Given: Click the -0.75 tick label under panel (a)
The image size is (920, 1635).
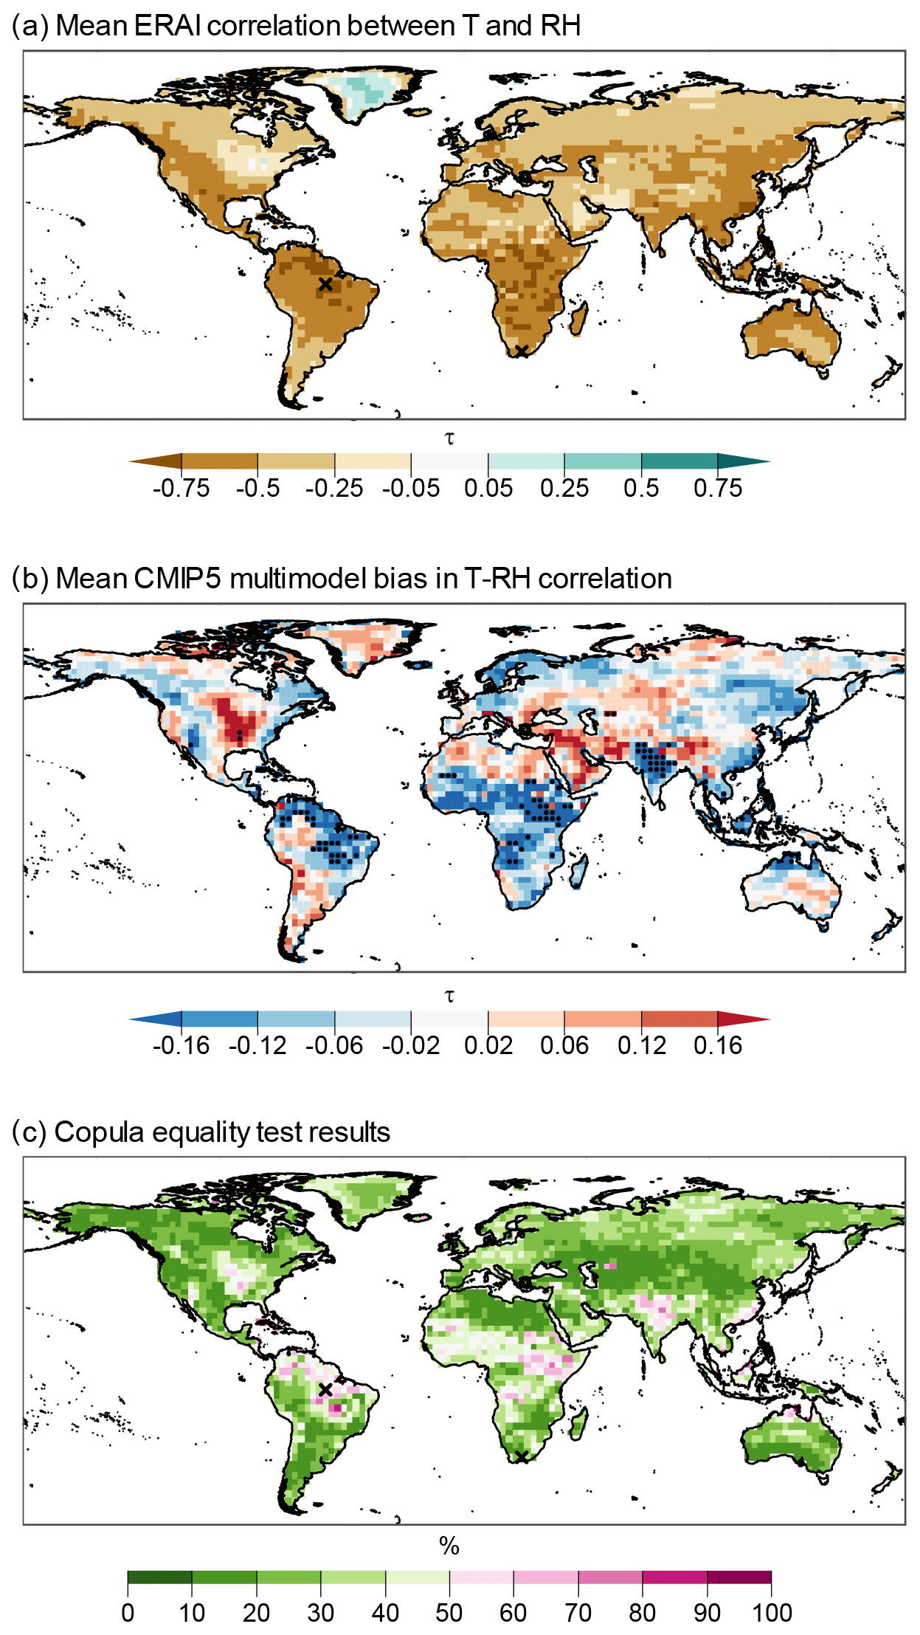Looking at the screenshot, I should [x=181, y=488].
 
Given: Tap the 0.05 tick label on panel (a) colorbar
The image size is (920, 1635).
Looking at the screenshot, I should [x=488, y=488].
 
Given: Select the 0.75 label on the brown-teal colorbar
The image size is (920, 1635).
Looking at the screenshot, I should [x=717, y=488].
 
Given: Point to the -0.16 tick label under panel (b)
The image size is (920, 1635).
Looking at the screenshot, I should [x=181, y=1045].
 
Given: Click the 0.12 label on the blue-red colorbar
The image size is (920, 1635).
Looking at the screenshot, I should [x=641, y=1045].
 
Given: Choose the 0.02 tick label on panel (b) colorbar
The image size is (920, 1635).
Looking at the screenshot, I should [x=488, y=1045].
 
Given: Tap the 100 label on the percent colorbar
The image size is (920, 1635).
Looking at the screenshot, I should [x=771, y=1612].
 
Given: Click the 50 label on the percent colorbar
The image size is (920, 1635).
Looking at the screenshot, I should [x=449, y=1612].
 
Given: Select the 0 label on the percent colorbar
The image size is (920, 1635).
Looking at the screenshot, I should [x=128, y=1612].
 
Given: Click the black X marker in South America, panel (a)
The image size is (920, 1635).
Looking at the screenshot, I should [x=325, y=284].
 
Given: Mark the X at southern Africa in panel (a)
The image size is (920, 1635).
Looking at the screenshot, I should [x=522, y=351].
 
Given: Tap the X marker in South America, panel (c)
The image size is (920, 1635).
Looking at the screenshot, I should [x=325, y=1390].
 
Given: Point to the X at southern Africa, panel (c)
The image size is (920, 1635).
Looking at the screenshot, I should [x=522, y=1457].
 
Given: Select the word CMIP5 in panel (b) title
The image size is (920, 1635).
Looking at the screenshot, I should [x=178, y=579].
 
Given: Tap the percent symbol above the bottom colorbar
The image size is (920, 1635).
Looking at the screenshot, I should [x=449, y=1546].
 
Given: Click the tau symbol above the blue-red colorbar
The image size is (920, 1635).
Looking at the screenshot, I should [x=449, y=996].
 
